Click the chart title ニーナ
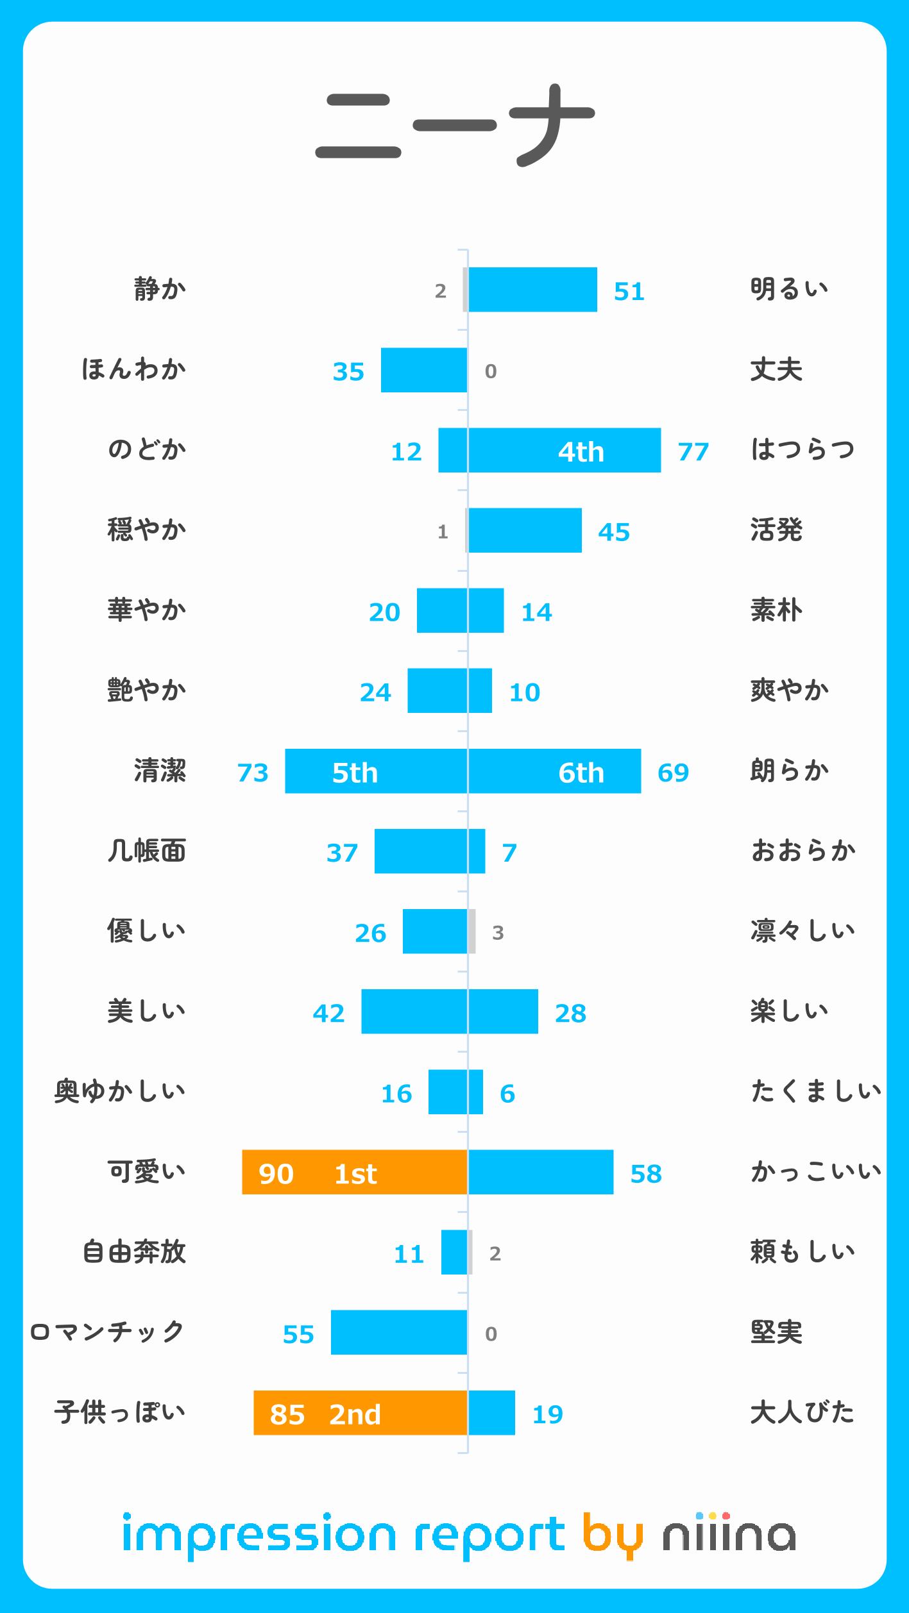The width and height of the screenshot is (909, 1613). click(x=454, y=126)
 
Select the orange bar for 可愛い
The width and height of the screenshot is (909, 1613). click(x=354, y=1172)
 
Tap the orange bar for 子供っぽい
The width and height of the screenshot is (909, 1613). click(x=360, y=1413)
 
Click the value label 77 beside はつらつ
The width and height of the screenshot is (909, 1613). click(x=693, y=452)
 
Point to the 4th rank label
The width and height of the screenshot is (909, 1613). click(x=581, y=452)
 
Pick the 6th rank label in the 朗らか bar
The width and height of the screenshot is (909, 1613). click(x=581, y=773)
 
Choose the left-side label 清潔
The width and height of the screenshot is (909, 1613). click(x=160, y=771)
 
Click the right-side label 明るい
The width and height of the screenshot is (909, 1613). click(x=789, y=289)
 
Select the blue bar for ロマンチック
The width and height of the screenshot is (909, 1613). click(x=398, y=1333)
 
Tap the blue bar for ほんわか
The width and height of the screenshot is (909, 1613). click(x=423, y=370)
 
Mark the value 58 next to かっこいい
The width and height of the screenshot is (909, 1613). click(x=645, y=1174)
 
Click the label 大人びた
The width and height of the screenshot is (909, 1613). click(x=802, y=1412)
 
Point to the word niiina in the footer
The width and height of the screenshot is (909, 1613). click(x=729, y=1536)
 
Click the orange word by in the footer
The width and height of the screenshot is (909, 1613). click(x=612, y=1536)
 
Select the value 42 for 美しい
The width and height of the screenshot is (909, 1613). click(x=328, y=1014)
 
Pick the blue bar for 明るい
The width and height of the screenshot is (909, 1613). click(x=532, y=290)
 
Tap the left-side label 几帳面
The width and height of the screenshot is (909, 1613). click(x=146, y=851)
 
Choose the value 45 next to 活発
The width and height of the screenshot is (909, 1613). click(x=613, y=532)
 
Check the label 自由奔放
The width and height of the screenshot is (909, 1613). click(x=133, y=1251)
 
